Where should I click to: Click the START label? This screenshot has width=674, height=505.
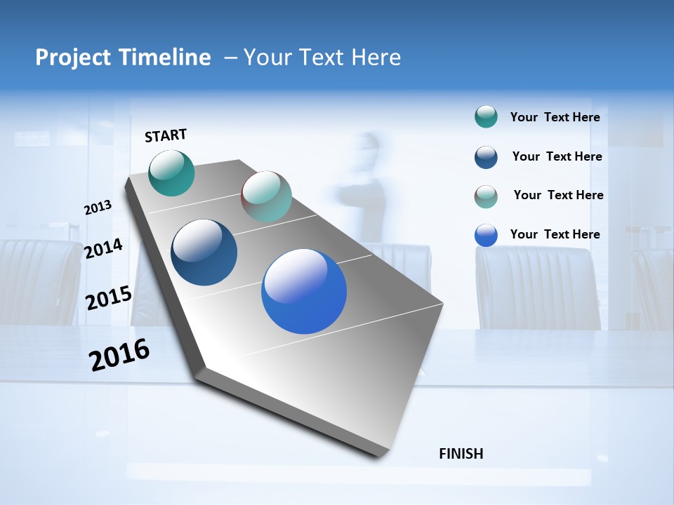tap(166, 135)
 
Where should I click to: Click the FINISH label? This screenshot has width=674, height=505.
tap(461, 454)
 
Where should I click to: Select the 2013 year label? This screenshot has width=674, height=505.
tap(98, 208)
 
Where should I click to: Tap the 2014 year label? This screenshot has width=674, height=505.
tap(103, 249)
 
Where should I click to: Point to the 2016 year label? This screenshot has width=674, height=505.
tap(119, 355)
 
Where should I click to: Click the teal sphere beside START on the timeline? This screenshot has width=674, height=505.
tap(171, 173)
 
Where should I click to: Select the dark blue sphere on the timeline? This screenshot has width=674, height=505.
tap(204, 252)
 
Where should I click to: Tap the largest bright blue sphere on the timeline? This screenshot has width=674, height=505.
tap(304, 291)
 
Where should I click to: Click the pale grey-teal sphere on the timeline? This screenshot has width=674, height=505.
tap(266, 196)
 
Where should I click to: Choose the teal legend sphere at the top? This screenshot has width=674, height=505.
tap(486, 116)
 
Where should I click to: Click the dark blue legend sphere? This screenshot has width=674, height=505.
tap(486, 157)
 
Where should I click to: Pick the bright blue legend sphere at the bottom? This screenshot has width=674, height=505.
tap(486, 235)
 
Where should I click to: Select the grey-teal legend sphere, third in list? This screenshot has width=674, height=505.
tap(486, 196)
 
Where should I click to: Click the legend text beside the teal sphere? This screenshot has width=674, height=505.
tap(555, 117)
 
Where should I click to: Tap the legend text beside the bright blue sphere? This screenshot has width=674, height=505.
tap(555, 234)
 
